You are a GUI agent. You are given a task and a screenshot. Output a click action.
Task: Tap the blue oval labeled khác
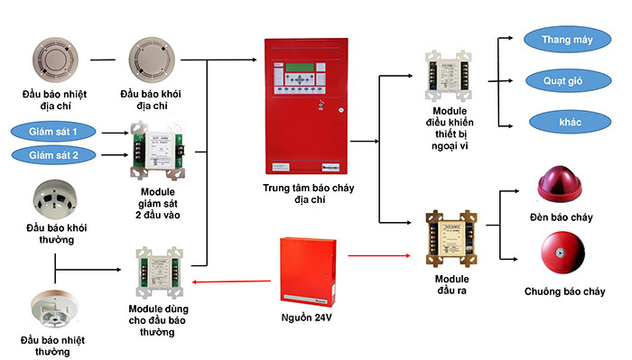(x=561, y=120)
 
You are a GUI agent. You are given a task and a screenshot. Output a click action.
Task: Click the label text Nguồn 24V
(x=309, y=318)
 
